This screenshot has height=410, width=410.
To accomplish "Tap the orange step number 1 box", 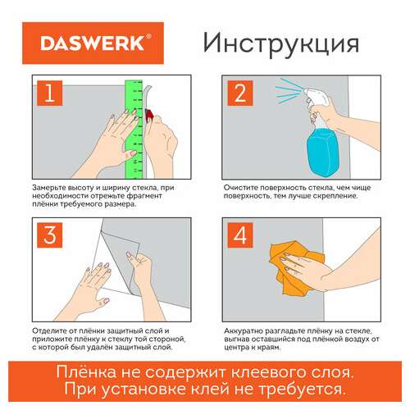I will (x=49, y=96).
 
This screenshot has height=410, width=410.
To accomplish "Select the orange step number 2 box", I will (x=241, y=96).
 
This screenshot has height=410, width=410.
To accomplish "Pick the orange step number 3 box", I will (x=49, y=239).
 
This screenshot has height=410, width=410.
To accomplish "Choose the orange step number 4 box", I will (x=241, y=239).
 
